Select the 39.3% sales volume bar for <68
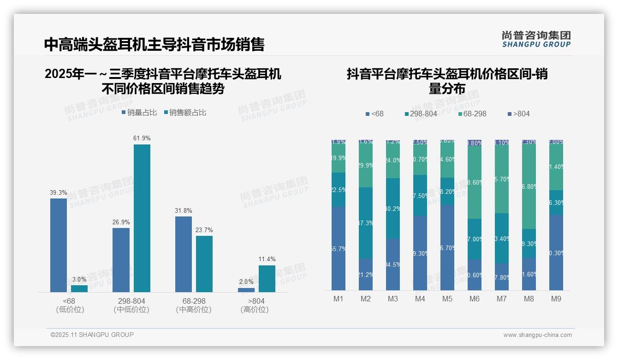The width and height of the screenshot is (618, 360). click(59, 245)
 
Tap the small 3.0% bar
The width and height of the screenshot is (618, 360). click(79, 288)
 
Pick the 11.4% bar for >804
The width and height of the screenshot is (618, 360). click(267, 279)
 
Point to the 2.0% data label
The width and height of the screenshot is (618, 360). click(246, 282)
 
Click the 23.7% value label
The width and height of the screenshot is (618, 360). click(204, 230)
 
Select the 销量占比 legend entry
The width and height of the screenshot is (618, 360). click(139, 112)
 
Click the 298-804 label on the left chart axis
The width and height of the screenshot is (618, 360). click(131, 301)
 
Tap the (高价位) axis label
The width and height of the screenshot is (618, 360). click(255, 310)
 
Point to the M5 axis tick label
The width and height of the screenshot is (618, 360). click(447, 299)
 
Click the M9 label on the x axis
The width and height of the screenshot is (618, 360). click(556, 299)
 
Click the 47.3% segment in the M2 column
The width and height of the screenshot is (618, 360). click(366, 222)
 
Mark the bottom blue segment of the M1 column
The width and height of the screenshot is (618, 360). click(339, 248)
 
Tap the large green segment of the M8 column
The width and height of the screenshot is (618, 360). click(529, 187)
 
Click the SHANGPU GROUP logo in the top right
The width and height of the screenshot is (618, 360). click(536, 39)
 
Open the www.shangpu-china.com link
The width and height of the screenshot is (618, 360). click(537, 335)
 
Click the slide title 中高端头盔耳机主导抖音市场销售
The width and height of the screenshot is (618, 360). click(154, 44)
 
